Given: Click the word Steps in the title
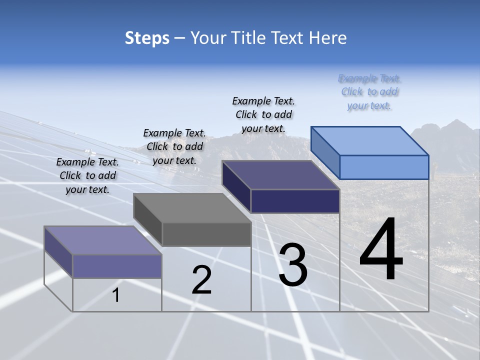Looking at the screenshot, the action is click(147, 38).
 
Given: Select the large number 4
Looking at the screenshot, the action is click(381, 250).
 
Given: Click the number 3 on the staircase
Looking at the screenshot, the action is click(293, 265).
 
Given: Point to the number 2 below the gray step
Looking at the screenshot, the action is click(201, 280).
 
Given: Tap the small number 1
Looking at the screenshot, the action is click(116, 295).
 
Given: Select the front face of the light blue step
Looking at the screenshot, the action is click(384, 167).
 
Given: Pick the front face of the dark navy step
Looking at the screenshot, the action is click(295, 201).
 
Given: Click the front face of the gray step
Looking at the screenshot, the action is click(206, 234).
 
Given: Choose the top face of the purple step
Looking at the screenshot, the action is click(103, 240).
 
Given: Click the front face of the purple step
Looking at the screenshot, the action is click(117, 266).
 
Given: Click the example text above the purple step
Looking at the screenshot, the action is click(87, 175).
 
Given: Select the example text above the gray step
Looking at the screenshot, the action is click(174, 146).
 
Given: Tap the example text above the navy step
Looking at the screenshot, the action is click(263, 114).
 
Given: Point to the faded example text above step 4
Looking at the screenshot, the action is click(369, 92).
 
